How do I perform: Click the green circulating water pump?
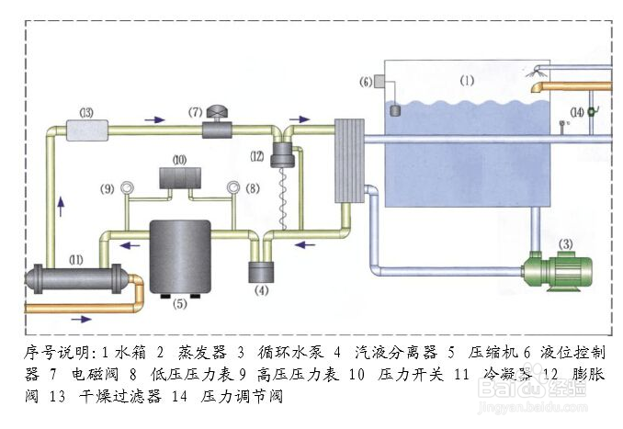556,272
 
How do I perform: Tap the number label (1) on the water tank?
467,81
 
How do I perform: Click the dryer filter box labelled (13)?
86,130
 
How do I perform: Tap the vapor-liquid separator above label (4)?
261,273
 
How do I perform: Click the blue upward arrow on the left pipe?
62,204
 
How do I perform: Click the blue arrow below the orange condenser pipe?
80,320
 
